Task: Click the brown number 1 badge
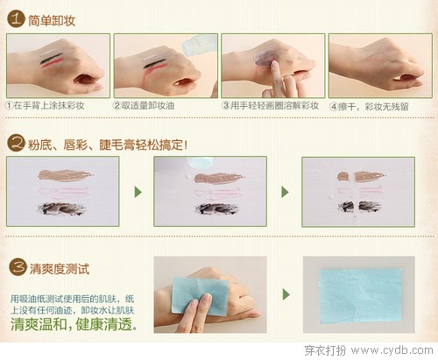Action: [16, 19]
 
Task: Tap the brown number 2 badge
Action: [16, 143]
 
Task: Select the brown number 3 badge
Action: [18, 267]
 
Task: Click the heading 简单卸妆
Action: [52, 21]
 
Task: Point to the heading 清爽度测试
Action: [60, 269]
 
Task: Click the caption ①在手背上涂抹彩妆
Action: [45, 105]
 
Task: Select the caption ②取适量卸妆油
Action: [144, 105]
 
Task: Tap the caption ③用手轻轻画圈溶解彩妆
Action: [271, 105]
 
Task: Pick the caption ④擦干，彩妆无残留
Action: [369, 107]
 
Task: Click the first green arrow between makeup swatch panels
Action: [138, 192]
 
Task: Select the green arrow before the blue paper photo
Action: [286, 294]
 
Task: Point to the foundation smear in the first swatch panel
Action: [66, 175]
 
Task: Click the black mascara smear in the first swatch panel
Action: [61, 208]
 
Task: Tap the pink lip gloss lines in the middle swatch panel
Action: [217, 193]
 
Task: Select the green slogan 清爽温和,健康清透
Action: [74, 324]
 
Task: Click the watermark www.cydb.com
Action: [392, 350]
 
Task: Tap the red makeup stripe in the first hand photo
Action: [53, 63]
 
